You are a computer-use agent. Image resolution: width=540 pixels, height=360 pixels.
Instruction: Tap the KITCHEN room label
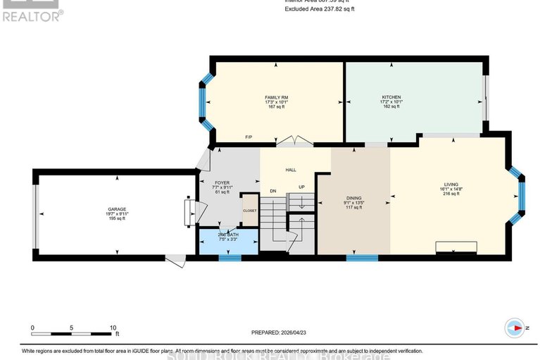(391, 97)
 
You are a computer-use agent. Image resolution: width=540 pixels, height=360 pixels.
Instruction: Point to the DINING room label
(353, 199)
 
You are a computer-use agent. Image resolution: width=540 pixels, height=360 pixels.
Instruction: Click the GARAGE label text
(117, 209)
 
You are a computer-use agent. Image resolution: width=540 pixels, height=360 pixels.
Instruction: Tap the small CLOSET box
(250, 209)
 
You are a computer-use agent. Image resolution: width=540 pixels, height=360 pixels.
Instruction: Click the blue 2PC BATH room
(228, 239)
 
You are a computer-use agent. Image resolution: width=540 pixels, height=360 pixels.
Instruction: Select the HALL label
(291, 170)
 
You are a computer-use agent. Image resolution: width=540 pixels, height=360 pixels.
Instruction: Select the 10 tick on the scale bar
(113, 328)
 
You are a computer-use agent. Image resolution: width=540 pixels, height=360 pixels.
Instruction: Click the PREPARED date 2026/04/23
(280, 333)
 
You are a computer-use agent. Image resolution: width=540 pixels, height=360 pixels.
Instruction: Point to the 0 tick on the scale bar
(32, 328)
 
